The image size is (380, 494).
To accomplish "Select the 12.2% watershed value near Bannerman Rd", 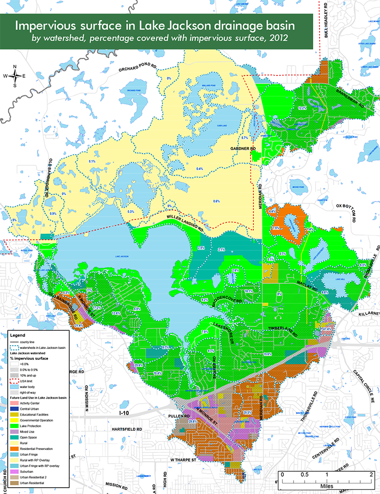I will (x=303, y=107).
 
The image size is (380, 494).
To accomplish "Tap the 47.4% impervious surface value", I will (x=327, y=329).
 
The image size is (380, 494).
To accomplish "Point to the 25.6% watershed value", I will (x=138, y=365).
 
